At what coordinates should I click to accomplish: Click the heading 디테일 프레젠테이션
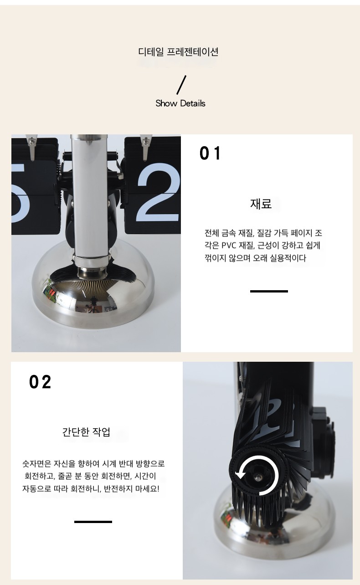(x=178, y=51)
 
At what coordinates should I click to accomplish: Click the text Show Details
(x=180, y=103)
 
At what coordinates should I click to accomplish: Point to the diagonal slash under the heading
(x=181, y=85)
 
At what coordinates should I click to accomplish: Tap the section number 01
(x=210, y=153)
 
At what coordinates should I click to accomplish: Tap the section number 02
(x=40, y=382)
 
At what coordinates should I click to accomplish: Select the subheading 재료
(x=261, y=204)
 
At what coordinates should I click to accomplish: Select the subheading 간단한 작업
(x=86, y=432)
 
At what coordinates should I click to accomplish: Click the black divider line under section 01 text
(x=269, y=291)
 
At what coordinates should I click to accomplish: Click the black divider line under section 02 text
(x=93, y=522)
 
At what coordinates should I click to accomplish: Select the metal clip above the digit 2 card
(x=145, y=147)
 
